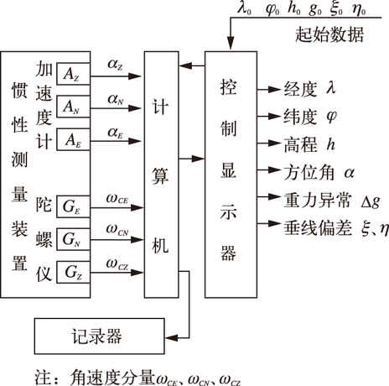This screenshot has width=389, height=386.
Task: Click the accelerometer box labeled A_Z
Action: click(73, 74)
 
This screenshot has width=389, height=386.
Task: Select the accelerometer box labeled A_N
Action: click(73, 107)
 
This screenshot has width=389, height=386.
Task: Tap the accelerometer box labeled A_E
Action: click(73, 139)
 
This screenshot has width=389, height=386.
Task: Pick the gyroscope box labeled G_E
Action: click(73, 206)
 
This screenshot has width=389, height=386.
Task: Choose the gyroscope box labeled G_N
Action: click(73, 239)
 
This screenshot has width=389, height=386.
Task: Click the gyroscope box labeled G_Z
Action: click(73, 272)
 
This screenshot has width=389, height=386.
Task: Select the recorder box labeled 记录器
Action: click(100, 336)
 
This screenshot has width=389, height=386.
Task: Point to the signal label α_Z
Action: click(115, 65)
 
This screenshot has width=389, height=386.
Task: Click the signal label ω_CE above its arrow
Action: click(117, 199)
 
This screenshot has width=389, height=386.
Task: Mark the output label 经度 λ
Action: click(309, 89)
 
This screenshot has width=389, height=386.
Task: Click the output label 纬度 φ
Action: click(310, 117)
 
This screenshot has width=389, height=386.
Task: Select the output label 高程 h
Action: click(309, 144)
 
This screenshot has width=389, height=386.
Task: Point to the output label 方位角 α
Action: click(319, 172)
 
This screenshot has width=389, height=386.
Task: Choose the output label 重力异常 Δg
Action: click(332, 201)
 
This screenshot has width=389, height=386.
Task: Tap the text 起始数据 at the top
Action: click(329, 34)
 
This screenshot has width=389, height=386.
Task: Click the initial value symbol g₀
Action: click(315, 9)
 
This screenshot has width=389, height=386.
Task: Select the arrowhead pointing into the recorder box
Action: click(172, 337)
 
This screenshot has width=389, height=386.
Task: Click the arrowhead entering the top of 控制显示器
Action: click(231, 44)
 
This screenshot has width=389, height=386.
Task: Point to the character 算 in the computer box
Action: click(160, 176)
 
